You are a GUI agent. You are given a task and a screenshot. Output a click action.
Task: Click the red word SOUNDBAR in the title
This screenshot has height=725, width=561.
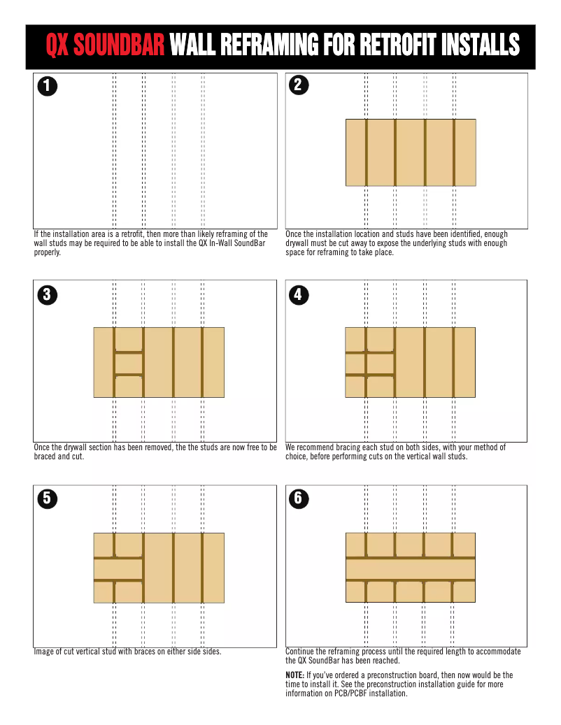click(119, 45)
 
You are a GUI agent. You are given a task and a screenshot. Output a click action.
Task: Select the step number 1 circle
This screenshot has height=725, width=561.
click(47, 86)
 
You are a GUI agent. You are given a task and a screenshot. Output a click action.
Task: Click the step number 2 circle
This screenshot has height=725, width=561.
click(299, 85)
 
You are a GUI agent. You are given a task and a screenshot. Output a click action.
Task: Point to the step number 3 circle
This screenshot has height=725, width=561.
click(47, 294)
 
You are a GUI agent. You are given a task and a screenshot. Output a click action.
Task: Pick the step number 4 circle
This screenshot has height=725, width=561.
click(299, 294)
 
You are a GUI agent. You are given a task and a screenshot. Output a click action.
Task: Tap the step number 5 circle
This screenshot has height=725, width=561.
click(47, 498)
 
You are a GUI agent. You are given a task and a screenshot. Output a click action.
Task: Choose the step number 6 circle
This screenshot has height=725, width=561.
click(299, 498)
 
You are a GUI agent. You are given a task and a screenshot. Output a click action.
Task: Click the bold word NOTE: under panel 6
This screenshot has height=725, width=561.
click(294, 675)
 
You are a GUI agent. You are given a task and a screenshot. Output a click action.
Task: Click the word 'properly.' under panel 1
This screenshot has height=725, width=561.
click(47, 252)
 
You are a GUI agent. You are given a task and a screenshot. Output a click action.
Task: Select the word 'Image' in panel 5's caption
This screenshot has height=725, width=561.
click(43, 652)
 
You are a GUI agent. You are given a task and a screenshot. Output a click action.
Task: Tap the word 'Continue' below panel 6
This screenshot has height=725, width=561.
click(300, 652)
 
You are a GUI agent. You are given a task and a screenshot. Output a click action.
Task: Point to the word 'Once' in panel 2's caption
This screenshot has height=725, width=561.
click(293, 234)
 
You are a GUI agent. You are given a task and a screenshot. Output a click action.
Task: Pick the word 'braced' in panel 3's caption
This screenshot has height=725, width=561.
click(44, 457)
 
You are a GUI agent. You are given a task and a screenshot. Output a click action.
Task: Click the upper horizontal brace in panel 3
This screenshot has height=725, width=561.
click(129, 353)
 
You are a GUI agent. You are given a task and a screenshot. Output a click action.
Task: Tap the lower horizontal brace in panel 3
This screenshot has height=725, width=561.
click(129, 375)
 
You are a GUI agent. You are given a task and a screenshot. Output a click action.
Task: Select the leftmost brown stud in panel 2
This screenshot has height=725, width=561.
click(367, 152)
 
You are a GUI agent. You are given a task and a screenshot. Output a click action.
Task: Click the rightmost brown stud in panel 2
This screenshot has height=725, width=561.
click(454, 152)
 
